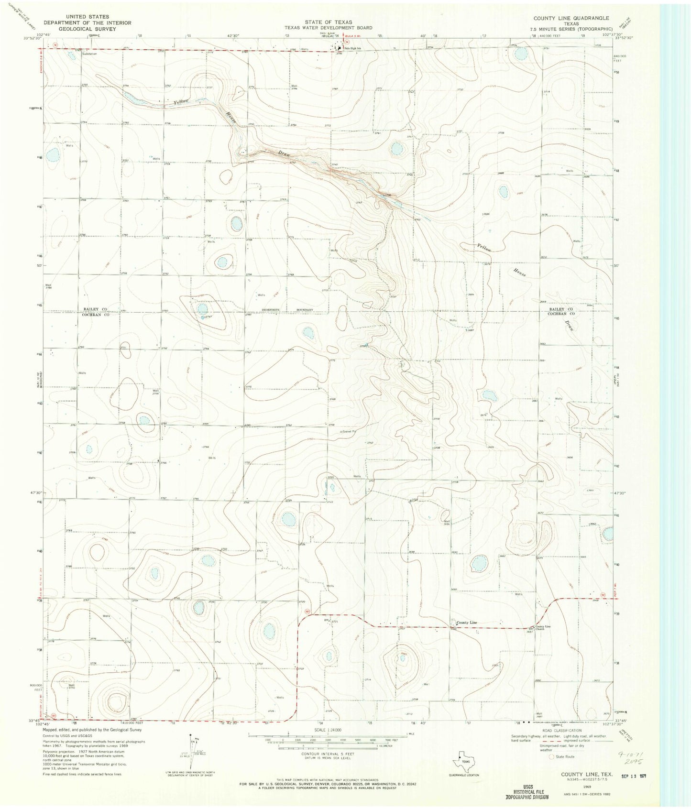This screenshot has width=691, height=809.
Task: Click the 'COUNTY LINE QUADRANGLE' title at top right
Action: [x=571, y=18]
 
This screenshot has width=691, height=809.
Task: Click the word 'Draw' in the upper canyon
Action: [x=285, y=153]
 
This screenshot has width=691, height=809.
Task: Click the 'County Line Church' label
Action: [x=543, y=627]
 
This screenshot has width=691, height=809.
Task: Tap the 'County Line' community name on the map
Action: [x=466, y=622]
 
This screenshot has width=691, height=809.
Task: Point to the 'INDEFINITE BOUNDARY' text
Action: [x=287, y=310]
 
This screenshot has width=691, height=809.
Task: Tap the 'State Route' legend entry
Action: [x=564, y=756]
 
